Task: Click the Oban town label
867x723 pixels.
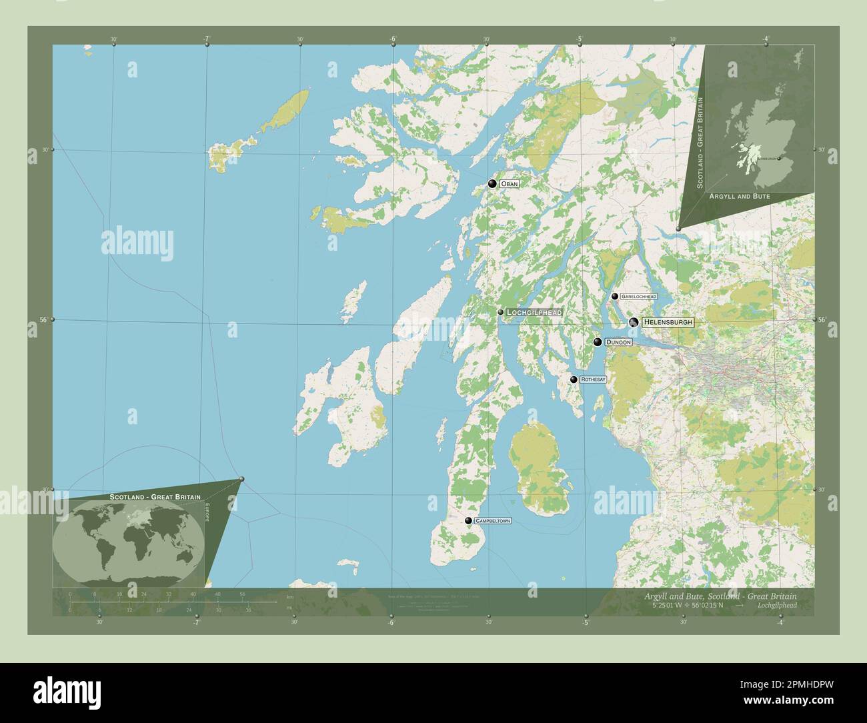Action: click(x=509, y=183)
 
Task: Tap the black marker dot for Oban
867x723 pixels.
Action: click(x=493, y=183)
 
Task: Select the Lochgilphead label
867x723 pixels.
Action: click(x=534, y=312)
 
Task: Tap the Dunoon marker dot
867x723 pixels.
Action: click(x=598, y=342)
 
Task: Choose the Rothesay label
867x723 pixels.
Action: click(x=593, y=380)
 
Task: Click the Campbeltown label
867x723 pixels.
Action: click(x=493, y=521)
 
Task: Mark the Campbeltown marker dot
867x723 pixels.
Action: click(x=469, y=521)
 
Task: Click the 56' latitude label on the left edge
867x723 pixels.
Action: click(x=43, y=319)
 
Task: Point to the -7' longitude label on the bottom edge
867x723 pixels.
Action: click(x=196, y=623)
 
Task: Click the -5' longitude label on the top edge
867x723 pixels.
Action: click(x=580, y=39)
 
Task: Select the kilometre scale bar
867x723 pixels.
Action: click(x=173, y=602)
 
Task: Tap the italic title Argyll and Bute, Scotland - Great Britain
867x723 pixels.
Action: click(x=720, y=595)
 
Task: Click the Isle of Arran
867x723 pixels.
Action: click(x=540, y=467)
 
